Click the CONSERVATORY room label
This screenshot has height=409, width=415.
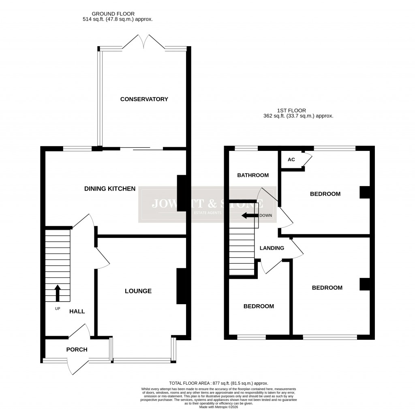pos(144,99)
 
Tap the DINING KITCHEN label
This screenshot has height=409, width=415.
pos(109,189)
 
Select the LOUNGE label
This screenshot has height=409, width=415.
pos(138,291)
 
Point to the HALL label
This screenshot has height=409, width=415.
pos(77,311)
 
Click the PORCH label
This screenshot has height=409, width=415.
pos(77,350)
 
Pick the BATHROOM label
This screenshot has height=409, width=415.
pos(253,175)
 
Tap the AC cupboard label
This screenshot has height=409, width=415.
pos(291,159)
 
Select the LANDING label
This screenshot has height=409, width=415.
pos(272,248)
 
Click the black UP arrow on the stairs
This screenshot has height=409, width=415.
pos(57,293)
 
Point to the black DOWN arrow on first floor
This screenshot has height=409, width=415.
pos(250,216)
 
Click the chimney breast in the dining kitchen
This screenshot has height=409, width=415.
pos(182,193)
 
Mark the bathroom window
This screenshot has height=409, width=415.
pos(246,148)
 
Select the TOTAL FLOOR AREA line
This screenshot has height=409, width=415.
pos(218,383)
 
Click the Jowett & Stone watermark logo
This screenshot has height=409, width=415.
pos(207,205)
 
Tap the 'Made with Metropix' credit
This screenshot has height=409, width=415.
pos(218,407)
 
